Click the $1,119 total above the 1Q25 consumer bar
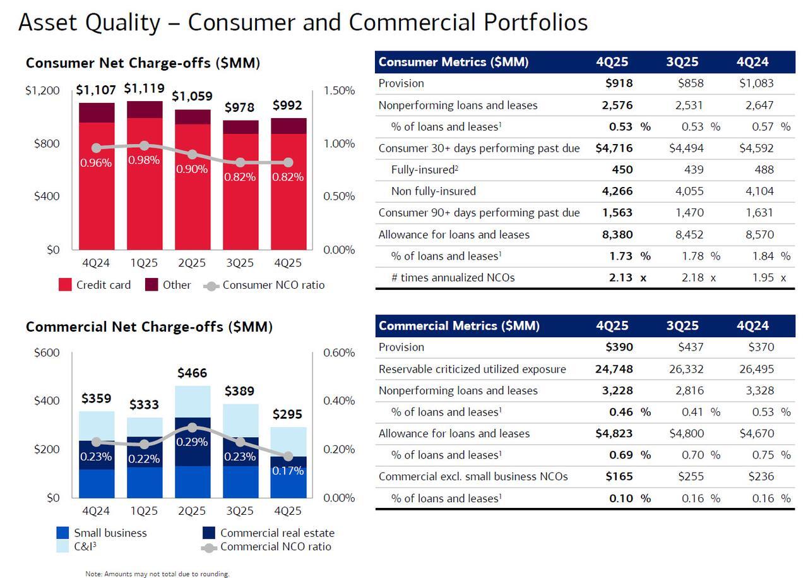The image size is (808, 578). [x=144, y=88]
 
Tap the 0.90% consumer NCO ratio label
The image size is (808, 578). [x=192, y=169]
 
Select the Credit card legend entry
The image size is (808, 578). [x=94, y=285]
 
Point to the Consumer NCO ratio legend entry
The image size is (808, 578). [x=264, y=285]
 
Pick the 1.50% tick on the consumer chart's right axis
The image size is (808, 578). [x=339, y=90]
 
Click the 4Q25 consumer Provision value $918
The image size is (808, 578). [x=619, y=83]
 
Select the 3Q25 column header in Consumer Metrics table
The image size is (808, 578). [x=682, y=62]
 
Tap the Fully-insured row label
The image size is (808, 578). [x=422, y=169]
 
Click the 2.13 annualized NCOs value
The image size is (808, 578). [x=621, y=277]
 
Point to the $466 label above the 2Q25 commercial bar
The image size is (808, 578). [x=192, y=373]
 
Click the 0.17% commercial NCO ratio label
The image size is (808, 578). [x=288, y=471]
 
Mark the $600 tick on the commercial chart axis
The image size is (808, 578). [x=47, y=352]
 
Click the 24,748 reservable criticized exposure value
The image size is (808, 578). [x=614, y=369]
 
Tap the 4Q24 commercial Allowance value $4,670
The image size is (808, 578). [x=756, y=433]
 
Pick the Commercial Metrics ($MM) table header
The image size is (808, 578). [x=459, y=326]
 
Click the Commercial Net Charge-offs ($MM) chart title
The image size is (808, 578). [x=149, y=327]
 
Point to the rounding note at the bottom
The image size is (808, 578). [x=158, y=574]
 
